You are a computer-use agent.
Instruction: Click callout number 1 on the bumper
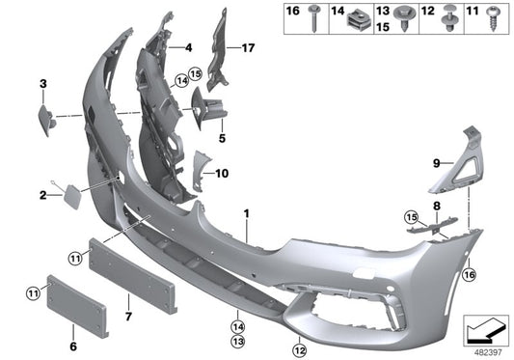point(246,211)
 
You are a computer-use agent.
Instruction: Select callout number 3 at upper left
point(42,85)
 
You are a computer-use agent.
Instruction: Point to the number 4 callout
point(189,46)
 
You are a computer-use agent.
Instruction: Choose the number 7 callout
point(129,288)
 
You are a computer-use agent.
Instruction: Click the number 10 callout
point(222,175)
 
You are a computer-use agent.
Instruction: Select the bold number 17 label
point(248,47)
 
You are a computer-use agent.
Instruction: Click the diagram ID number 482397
point(484,351)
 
